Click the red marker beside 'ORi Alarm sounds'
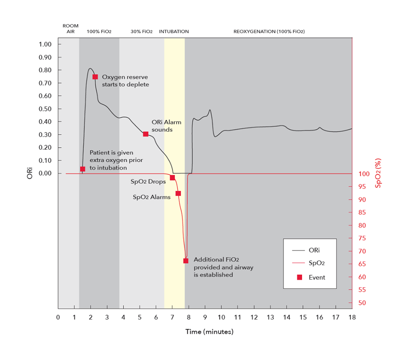[146, 134]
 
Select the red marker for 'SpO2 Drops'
[172, 178]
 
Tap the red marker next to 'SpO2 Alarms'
[178, 193]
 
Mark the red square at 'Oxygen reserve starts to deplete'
[95, 77]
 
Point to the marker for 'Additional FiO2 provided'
[186, 261]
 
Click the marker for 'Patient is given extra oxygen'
[83, 169]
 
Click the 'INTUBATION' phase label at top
[174, 32]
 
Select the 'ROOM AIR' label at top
[70, 29]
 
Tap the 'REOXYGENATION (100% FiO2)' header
[269, 32]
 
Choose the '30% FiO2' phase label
[142, 32]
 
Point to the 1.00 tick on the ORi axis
[46, 44]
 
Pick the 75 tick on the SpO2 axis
[362, 238]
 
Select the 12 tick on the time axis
[254, 317]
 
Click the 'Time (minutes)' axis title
[209, 332]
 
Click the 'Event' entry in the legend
[317, 278]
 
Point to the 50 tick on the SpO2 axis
[362, 303]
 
